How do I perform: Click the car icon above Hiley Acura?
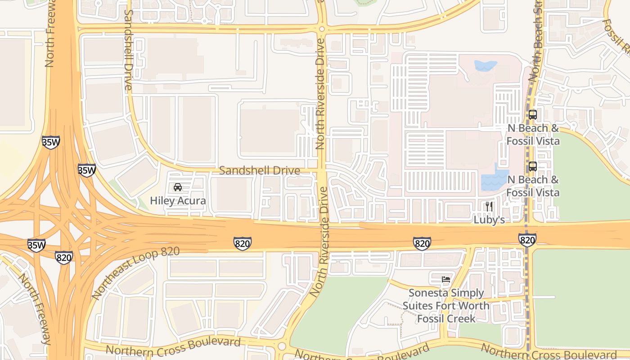tap(178, 187)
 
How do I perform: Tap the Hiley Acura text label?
tap(178, 201)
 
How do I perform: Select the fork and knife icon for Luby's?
tap(489, 207)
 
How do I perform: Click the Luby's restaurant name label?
tap(489, 220)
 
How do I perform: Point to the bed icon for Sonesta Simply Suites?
tap(446, 279)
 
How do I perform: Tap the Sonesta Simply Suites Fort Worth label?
tap(446, 306)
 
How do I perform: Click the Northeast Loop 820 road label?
tap(135, 273)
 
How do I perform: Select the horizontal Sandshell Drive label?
tap(259, 171)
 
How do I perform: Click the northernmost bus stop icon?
tap(533, 115)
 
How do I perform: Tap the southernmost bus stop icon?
tap(533, 166)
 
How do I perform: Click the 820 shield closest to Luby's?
tap(526, 239)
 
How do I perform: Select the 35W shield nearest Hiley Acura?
tap(86, 171)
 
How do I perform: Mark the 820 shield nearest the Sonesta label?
tap(422, 243)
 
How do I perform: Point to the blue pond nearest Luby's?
tap(494, 180)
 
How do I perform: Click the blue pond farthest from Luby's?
tap(485, 66)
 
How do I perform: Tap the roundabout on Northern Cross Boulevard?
tap(282, 346)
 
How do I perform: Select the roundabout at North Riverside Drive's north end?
tap(321, 30)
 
